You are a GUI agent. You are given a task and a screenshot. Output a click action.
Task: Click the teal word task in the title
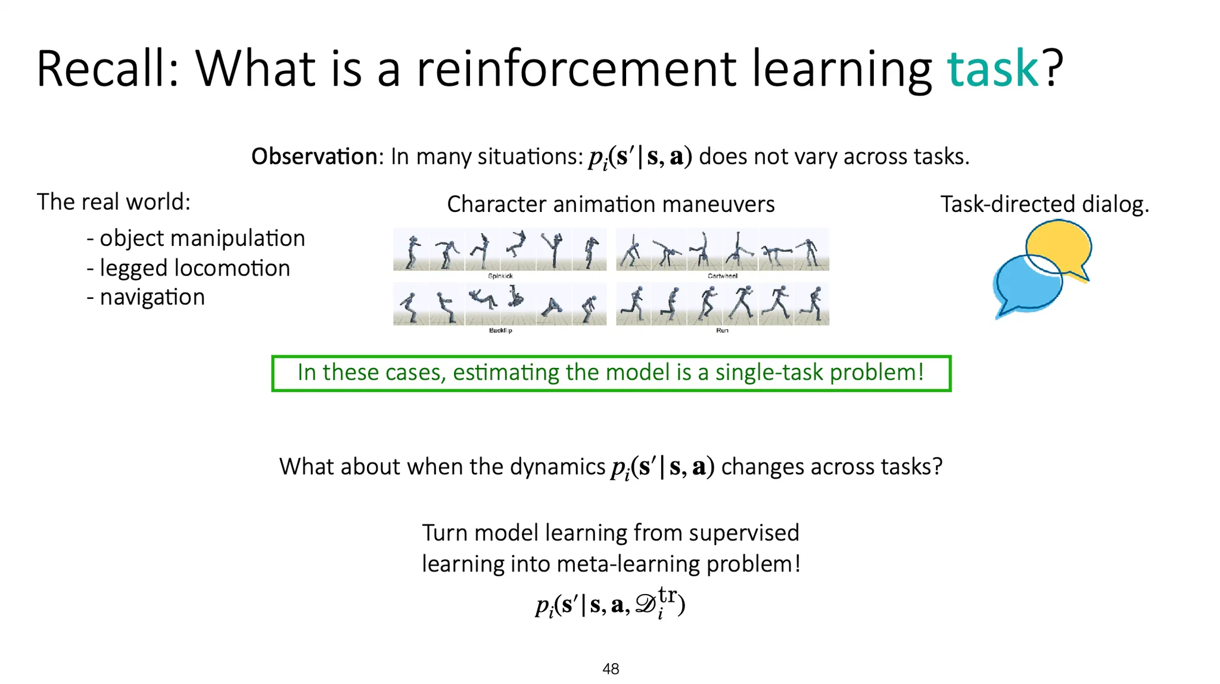[993, 70]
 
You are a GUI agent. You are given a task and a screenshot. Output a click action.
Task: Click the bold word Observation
[314, 157]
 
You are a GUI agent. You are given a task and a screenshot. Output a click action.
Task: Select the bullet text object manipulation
[202, 238]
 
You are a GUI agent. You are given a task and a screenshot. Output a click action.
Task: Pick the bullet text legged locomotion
[194, 268]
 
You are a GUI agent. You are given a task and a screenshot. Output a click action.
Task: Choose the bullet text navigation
[152, 297]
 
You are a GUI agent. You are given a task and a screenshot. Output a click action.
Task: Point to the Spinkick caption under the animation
[500, 276]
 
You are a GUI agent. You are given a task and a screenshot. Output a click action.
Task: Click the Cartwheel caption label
[723, 276]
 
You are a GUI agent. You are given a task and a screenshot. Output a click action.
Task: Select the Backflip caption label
[500, 330]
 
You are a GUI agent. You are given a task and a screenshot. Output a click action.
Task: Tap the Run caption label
[722, 330]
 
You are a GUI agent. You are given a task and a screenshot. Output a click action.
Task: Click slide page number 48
[611, 669]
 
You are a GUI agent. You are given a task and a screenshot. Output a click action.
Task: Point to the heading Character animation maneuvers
[611, 204]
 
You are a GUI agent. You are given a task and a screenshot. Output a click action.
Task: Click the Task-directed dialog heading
[1044, 204]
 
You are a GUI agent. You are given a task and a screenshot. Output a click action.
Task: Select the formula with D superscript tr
[611, 604]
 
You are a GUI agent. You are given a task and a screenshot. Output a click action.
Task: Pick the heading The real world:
[114, 202]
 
